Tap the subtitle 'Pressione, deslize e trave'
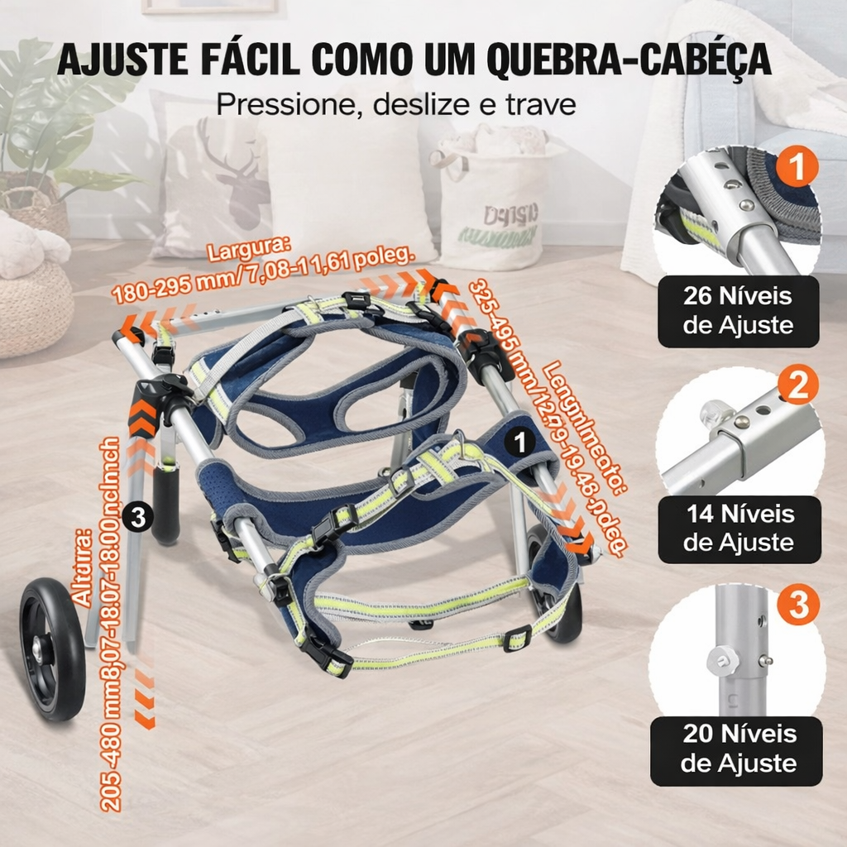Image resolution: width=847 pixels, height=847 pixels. tap(395, 105)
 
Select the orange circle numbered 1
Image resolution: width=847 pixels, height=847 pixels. tap(798, 166)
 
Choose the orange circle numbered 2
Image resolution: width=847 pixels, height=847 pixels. tap(798, 386)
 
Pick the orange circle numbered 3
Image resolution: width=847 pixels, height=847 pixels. tap(798, 606)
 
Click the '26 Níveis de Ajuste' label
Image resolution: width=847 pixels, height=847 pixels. tap(738, 311)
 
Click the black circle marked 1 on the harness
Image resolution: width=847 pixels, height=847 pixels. tap(519, 443)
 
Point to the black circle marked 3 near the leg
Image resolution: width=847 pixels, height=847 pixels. tap(138, 518)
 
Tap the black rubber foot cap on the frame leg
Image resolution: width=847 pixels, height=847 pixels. tap(165, 505)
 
